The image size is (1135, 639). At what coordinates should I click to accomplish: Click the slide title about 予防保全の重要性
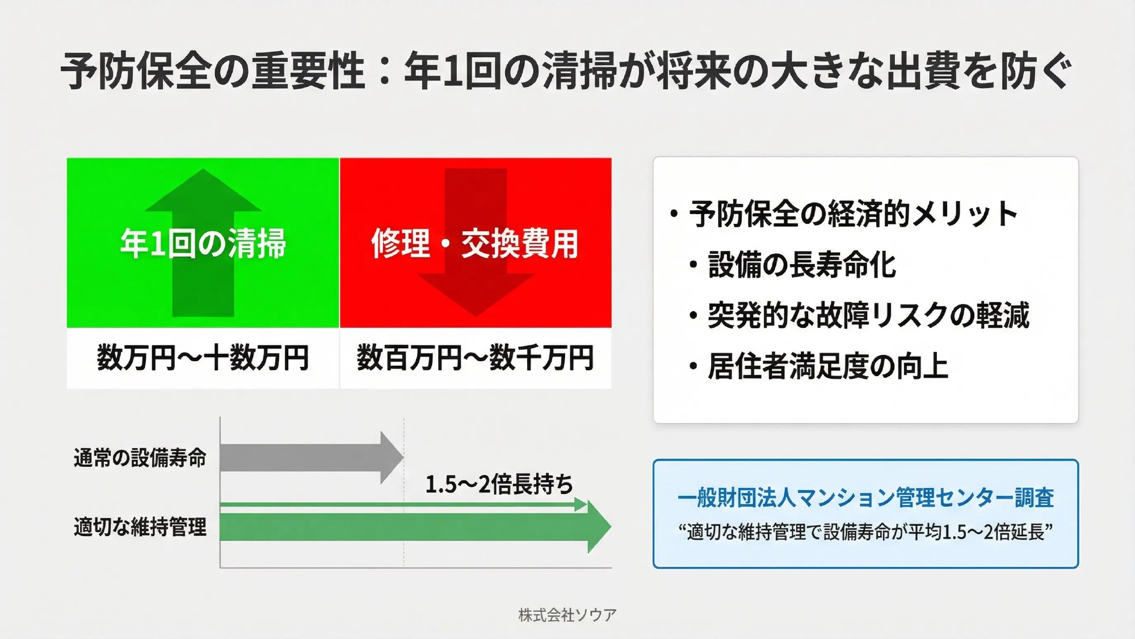click(x=566, y=70)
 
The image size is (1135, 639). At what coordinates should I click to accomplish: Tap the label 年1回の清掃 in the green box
click(x=203, y=243)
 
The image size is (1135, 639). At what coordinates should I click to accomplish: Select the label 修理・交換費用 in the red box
click(x=475, y=243)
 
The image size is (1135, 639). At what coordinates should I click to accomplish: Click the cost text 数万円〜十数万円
click(x=203, y=358)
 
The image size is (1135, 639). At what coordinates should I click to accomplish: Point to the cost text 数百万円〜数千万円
click(x=475, y=358)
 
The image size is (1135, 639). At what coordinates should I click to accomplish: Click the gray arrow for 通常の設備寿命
click(x=312, y=457)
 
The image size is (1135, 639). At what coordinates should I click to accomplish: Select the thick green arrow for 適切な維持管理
click(x=415, y=527)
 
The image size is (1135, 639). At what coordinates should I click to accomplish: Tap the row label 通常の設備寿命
click(x=140, y=458)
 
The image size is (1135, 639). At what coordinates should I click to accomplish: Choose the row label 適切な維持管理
click(x=140, y=527)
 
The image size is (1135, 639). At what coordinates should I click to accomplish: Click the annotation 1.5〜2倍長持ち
click(x=499, y=485)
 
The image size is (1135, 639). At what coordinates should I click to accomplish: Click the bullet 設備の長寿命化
click(x=802, y=265)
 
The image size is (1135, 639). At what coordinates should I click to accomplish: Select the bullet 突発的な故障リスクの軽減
click(x=868, y=315)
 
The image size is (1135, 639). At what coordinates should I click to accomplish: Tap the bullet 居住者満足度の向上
click(x=828, y=366)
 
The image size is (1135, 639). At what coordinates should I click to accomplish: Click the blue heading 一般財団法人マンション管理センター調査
click(x=865, y=498)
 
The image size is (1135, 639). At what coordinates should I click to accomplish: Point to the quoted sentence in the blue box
click(x=865, y=532)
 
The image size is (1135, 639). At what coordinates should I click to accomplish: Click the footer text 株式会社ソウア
click(x=567, y=615)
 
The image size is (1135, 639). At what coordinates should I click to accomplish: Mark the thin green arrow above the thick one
click(x=403, y=504)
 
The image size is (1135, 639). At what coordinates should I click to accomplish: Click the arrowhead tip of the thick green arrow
click(x=611, y=527)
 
